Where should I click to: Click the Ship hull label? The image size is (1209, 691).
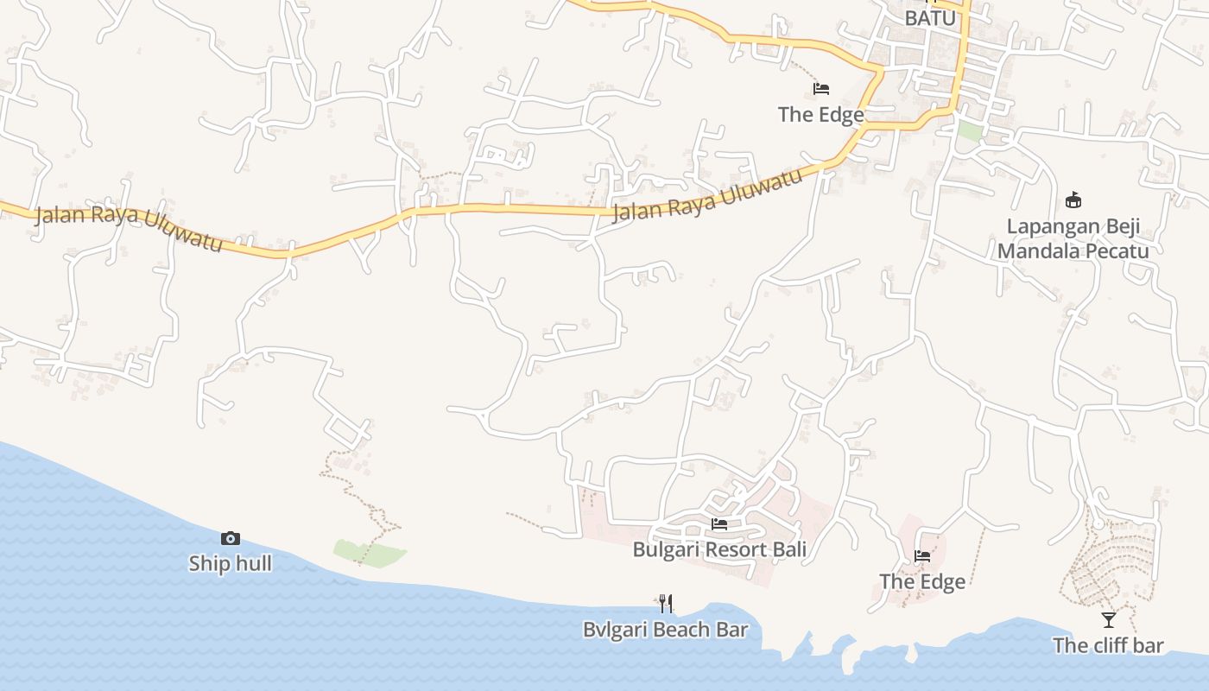(x=230, y=564)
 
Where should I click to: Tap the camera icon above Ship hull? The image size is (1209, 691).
(x=231, y=539)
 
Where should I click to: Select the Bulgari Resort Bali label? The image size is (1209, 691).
(x=719, y=549)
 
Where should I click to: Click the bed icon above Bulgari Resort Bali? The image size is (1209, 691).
(x=719, y=524)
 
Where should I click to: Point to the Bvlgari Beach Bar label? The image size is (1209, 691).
(x=665, y=630)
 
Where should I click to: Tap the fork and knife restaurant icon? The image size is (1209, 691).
(x=666, y=603)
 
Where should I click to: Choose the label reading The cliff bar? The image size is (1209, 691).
(x=1108, y=645)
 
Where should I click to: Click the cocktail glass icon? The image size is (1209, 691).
(x=1109, y=620)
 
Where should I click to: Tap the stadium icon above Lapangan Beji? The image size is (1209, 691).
(x=1073, y=200)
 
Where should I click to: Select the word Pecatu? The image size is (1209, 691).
(x=1119, y=251)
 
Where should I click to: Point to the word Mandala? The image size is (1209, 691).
(x=1038, y=251)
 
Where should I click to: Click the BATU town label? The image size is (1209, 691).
(x=930, y=17)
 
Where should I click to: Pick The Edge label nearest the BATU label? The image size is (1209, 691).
(x=820, y=114)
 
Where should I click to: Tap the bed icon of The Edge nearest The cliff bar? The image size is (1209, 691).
(x=922, y=556)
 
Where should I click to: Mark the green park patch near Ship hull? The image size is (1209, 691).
(x=370, y=554)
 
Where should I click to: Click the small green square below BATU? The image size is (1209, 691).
(x=970, y=131)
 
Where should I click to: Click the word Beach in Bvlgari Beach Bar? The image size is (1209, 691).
(x=683, y=630)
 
